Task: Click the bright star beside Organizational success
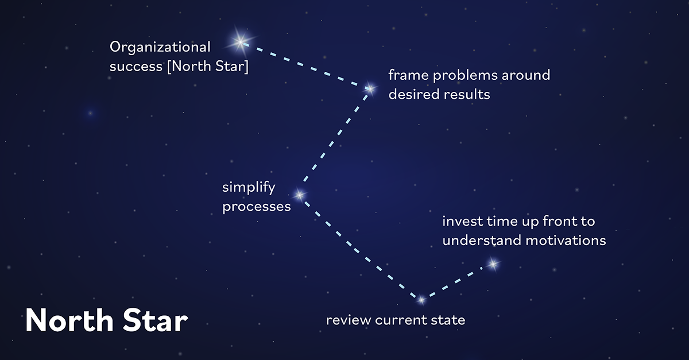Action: (239, 41)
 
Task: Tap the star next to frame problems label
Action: (370, 88)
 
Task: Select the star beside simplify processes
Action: (299, 195)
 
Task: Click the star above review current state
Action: (421, 300)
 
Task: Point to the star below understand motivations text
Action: (493, 264)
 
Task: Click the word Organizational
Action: (160, 48)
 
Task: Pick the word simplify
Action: (249, 188)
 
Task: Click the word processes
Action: (257, 207)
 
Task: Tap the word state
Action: (450, 320)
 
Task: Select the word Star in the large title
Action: (154, 320)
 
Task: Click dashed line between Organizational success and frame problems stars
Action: (304, 64)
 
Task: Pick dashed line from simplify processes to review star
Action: (359, 247)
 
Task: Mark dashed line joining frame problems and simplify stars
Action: (334, 141)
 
